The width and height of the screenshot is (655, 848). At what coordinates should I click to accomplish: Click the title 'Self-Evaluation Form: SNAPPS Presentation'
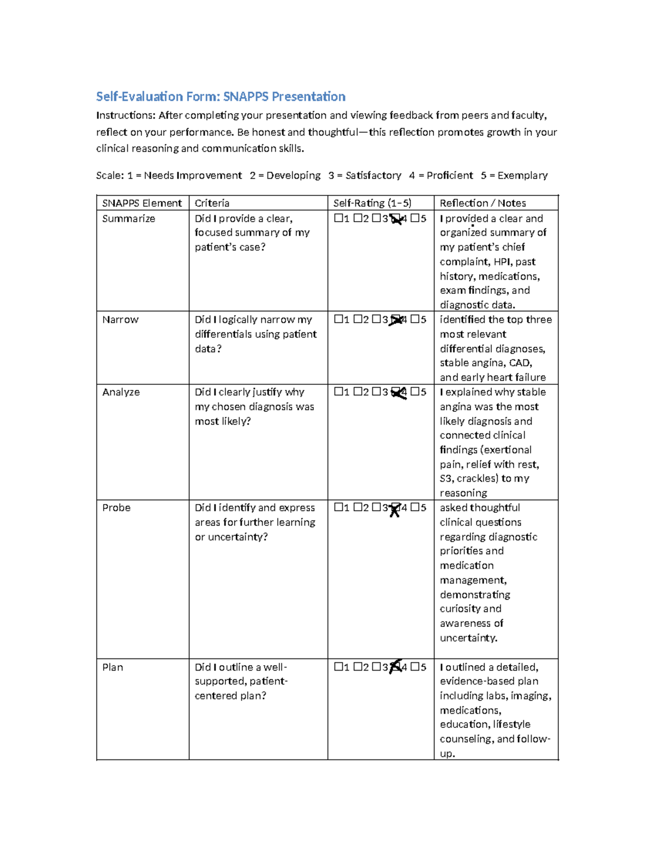click(221, 97)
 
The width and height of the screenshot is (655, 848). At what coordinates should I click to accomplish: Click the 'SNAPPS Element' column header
click(142, 203)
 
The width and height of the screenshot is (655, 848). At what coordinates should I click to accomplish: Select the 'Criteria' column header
click(212, 203)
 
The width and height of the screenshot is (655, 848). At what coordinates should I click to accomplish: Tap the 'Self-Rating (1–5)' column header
click(372, 203)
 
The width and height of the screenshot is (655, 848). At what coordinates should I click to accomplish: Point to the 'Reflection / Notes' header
click(483, 203)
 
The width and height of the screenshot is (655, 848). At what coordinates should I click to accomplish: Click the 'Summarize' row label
click(128, 218)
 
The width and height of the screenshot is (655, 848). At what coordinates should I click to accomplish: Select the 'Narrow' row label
click(120, 319)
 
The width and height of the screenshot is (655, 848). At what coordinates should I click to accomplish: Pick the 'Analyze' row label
click(121, 392)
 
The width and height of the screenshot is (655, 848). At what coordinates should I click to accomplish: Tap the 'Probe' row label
click(116, 508)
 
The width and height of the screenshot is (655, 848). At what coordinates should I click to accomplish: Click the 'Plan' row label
click(112, 667)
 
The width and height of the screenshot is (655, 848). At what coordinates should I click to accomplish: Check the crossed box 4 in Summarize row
click(396, 219)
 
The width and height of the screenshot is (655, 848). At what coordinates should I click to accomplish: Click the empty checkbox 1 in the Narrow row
click(338, 319)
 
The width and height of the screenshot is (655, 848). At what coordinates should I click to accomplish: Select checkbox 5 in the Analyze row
click(415, 392)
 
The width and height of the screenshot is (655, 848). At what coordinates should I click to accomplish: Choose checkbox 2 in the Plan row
click(358, 667)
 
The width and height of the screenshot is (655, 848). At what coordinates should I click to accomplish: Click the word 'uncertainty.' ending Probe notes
click(468, 638)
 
